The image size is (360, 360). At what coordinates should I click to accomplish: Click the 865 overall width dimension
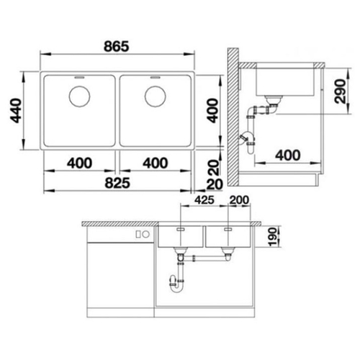point(117,46)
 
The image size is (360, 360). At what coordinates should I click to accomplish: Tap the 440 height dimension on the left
point(17,110)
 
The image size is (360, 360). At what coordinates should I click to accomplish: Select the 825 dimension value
point(117,183)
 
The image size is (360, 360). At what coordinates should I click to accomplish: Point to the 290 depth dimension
point(340,91)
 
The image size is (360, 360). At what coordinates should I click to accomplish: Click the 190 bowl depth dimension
point(272,237)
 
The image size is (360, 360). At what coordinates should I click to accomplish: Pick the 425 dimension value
point(204,200)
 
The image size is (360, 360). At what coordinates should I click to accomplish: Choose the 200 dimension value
point(239,200)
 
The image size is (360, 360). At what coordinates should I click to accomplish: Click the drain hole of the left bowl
point(79,96)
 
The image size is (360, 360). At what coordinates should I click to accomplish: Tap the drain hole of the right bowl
point(156,96)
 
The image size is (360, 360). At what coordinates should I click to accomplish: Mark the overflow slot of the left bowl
point(79,78)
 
